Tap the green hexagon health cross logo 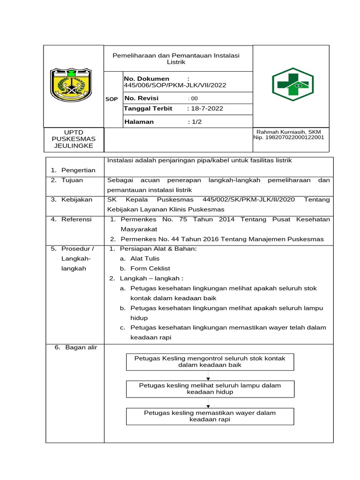(x=292, y=84)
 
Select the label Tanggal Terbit (x=148, y=108)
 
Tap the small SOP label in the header (x=112, y=99)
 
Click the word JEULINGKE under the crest (x=73, y=145)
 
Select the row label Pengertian (x=78, y=170)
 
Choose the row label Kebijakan (x=76, y=200)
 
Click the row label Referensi (x=76, y=219)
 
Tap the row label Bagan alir (x=78, y=347)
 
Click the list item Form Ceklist (x=150, y=269)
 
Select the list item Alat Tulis (x=145, y=259)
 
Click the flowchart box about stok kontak (x=210, y=361)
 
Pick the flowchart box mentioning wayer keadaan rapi (x=210, y=416)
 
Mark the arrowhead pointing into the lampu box (x=208, y=378)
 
